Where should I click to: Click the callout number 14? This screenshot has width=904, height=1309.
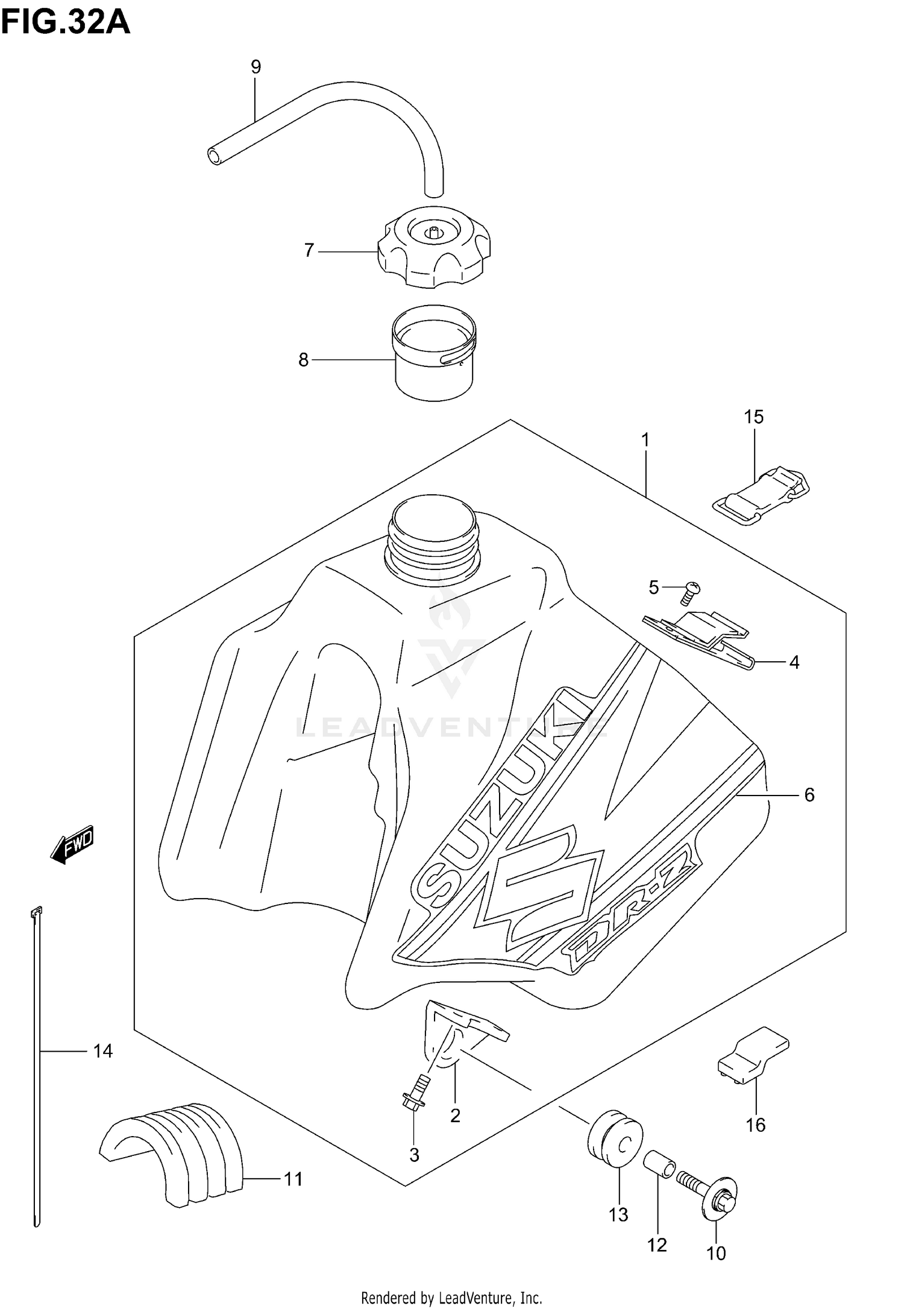pos(103,1052)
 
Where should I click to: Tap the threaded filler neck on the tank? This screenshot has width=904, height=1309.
pos(434,536)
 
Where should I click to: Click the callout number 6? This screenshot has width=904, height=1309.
pos(809,795)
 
